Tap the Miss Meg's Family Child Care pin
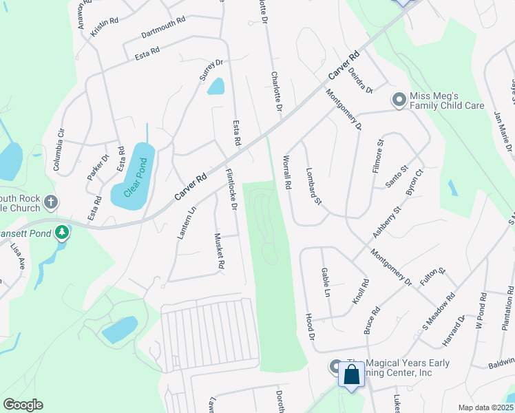pos(398,100)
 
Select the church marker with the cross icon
pos(50,202)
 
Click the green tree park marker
pos(63,233)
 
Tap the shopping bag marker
pos(351,376)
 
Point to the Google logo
pos(23,405)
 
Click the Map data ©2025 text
pos(485,407)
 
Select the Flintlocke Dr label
pos(231,190)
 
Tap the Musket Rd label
pos(220,251)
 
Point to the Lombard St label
pos(313,189)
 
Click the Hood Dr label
pos(310,327)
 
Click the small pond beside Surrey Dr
pos(216,86)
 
